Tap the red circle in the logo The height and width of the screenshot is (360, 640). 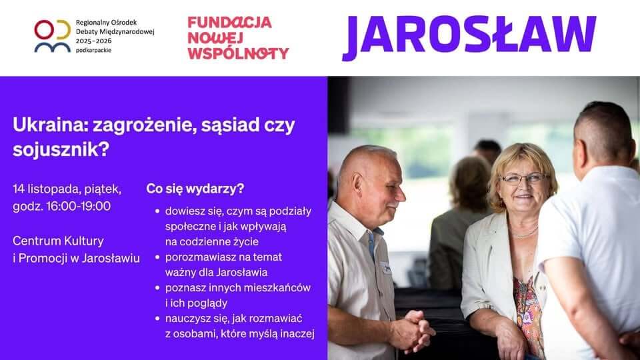coord(44,29)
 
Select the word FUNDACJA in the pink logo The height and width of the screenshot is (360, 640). coord(230,23)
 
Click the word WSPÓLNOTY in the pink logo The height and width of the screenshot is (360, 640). coord(239,53)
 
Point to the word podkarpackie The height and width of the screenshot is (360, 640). coord(93,50)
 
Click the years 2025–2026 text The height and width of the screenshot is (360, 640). coord(93,41)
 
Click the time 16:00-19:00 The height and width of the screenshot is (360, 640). coord(79,206)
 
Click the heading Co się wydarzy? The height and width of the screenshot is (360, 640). coord(195,189)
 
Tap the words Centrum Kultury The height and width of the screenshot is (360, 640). coord(59,241)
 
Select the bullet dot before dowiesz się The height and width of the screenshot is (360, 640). coord(157,211)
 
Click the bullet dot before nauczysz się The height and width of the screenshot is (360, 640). coord(157,319)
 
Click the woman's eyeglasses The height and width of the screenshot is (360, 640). coord(523,179)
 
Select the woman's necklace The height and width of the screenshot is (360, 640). coord(524,233)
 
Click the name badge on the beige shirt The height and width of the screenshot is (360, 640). coord(386,268)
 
